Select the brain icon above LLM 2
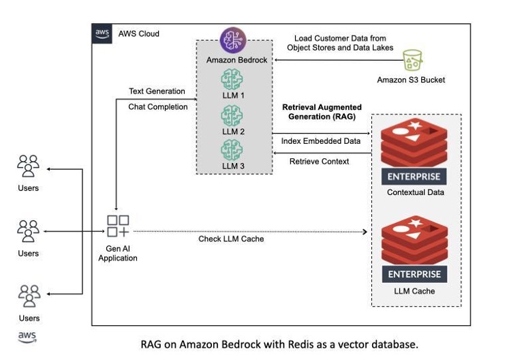pos(232,114)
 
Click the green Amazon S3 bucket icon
pos(412,61)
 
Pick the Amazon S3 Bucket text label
pos(411,80)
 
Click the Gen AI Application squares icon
pos(117,226)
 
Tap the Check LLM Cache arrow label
pos(231,239)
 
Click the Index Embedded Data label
pos(321,141)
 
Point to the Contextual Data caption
pos(415,192)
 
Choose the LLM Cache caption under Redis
pos(414,291)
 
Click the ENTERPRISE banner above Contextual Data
pos(414,176)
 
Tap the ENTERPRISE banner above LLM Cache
pos(414,274)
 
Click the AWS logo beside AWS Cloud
pos(102,34)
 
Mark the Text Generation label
pos(157,91)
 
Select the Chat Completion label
pos(157,107)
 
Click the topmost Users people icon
pos(28,166)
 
